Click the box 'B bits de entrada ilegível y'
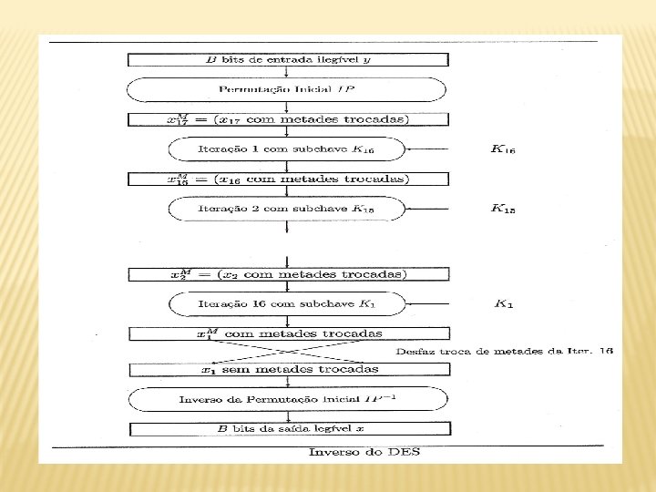pyautogui.click(x=288, y=60)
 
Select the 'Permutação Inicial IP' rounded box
pyautogui.click(x=288, y=89)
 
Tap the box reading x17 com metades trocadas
pyautogui.click(x=288, y=119)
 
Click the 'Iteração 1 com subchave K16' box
pyautogui.click(x=288, y=149)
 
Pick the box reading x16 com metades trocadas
pyautogui.click(x=288, y=179)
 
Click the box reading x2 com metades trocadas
pyautogui.click(x=288, y=274)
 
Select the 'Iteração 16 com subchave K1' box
pyautogui.click(x=288, y=303)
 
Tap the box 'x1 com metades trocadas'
pyautogui.click(x=288, y=333)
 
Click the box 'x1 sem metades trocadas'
pyautogui.click(x=288, y=369)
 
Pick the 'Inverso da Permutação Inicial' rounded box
pyautogui.click(x=288, y=399)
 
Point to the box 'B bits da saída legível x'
pyautogui.click(x=288, y=428)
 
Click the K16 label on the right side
pyautogui.click(x=503, y=149)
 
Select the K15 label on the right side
pyautogui.click(x=503, y=209)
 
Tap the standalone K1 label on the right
pyautogui.click(x=503, y=304)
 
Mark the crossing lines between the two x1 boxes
pyautogui.click(x=288, y=351)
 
